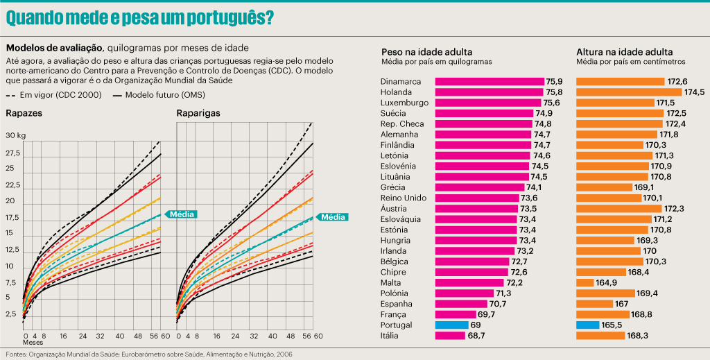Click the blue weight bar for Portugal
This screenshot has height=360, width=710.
[x=452, y=325]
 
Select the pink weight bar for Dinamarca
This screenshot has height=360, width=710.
[x=489, y=81]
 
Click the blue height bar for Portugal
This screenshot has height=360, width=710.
[x=587, y=325]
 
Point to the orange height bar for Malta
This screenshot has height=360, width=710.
[x=585, y=282]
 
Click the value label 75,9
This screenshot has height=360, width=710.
[x=554, y=81]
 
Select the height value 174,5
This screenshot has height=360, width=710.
[x=694, y=92]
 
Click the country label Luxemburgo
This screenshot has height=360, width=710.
[x=404, y=103]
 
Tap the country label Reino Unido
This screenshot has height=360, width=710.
[x=403, y=198]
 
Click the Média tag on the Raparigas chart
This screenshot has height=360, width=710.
[x=334, y=216]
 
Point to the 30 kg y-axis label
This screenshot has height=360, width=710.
[x=15, y=135]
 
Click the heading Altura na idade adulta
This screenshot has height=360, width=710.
[x=625, y=52]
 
